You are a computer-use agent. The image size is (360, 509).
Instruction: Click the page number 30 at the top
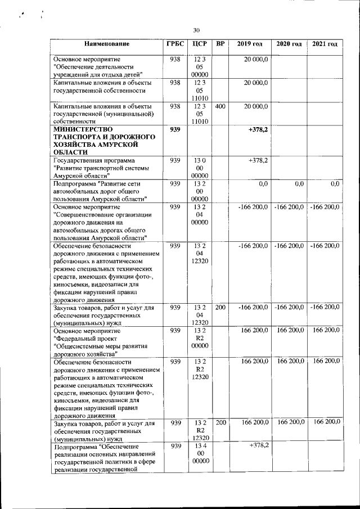pos(196,30)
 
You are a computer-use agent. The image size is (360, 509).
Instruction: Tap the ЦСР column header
pos(200,44)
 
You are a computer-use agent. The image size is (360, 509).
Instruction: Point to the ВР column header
pos(220,44)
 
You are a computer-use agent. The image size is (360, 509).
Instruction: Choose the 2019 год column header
pos(250,44)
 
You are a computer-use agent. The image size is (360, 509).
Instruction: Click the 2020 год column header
pos(289,44)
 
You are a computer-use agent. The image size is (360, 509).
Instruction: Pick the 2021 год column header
pos(325,44)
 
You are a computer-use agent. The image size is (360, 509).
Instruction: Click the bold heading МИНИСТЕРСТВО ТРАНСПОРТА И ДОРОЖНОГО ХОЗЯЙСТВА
pos(104,141)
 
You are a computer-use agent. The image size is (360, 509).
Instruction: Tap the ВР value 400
pos(220,106)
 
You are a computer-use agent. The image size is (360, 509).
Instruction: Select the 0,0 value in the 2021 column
pos(335,184)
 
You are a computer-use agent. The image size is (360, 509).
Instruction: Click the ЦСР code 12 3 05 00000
pos(200,66)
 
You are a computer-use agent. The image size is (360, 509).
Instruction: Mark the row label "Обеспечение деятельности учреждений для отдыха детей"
pos(98,66)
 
